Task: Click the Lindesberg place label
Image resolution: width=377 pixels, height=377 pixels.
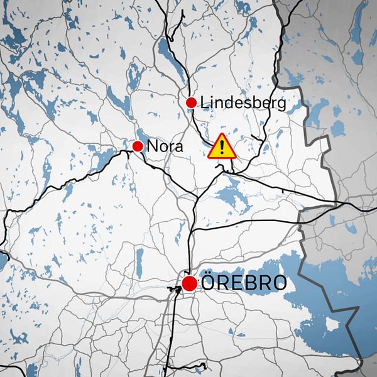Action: (243, 102)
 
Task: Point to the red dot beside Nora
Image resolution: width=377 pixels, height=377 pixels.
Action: (138, 146)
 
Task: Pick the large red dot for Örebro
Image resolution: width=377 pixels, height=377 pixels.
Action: (190, 283)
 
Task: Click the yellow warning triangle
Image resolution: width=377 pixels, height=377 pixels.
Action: (222, 147)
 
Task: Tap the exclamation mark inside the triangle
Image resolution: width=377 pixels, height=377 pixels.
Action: (222, 148)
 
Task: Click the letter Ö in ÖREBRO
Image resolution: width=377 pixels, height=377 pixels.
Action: (209, 283)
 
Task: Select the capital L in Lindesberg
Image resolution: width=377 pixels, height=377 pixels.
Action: (204, 102)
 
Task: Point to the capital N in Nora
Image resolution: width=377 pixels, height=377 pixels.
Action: (151, 147)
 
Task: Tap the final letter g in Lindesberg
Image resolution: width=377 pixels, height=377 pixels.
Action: (281, 104)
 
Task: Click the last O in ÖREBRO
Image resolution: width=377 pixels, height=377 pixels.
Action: (280, 283)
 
